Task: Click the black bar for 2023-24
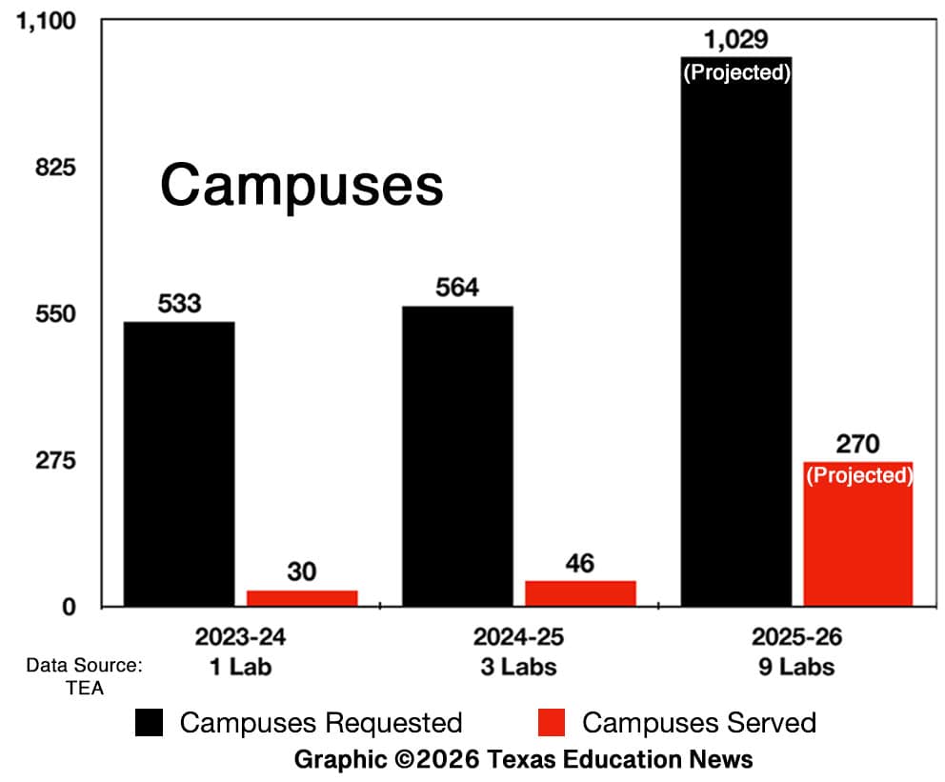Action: click(x=179, y=463)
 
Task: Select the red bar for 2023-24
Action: click(x=302, y=597)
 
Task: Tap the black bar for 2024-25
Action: click(x=457, y=455)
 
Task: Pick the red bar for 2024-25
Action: click(x=580, y=592)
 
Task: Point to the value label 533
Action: click(x=179, y=304)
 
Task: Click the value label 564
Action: click(x=457, y=288)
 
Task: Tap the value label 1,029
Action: click(x=736, y=41)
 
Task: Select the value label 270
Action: click(x=858, y=444)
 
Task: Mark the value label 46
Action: click(x=579, y=563)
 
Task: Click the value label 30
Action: click(x=301, y=572)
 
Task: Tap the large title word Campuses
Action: click(x=301, y=184)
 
